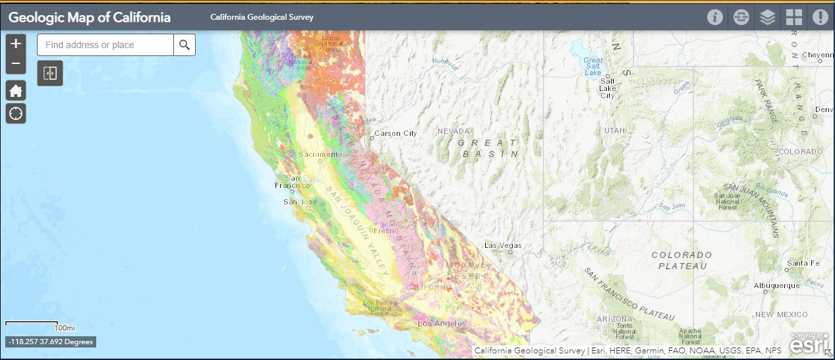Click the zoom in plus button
tap(16, 44)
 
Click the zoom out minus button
tap(16, 64)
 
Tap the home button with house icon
tap(16, 91)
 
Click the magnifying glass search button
tap(185, 45)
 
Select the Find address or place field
tap(105, 45)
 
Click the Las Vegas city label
tap(503, 245)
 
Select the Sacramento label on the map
tap(320, 154)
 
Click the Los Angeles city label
tap(442, 324)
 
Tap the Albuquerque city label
tap(776, 285)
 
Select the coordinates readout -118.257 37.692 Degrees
tap(51, 342)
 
